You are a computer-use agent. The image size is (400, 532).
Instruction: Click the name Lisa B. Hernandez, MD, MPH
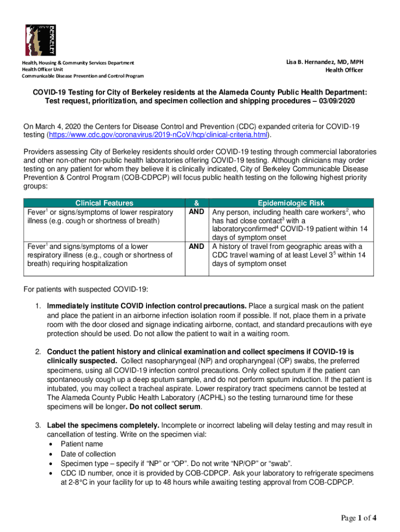click(x=325, y=62)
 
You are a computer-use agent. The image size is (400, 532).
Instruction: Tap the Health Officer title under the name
click(x=344, y=70)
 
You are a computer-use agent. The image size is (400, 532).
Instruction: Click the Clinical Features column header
click(x=104, y=203)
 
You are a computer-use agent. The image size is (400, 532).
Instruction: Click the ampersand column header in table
click(x=196, y=203)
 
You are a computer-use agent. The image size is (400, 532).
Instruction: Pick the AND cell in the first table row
click(x=196, y=212)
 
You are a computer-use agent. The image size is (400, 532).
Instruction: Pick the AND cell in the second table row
click(x=196, y=246)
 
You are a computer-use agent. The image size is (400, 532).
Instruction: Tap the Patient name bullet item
click(x=82, y=444)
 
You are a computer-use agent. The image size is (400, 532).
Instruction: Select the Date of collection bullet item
click(x=88, y=454)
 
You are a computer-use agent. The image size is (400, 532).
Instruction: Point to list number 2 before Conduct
click(x=38, y=352)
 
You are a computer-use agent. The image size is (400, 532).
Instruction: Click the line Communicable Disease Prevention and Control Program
click(x=82, y=76)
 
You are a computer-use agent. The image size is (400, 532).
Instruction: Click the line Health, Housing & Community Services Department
click(x=77, y=62)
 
